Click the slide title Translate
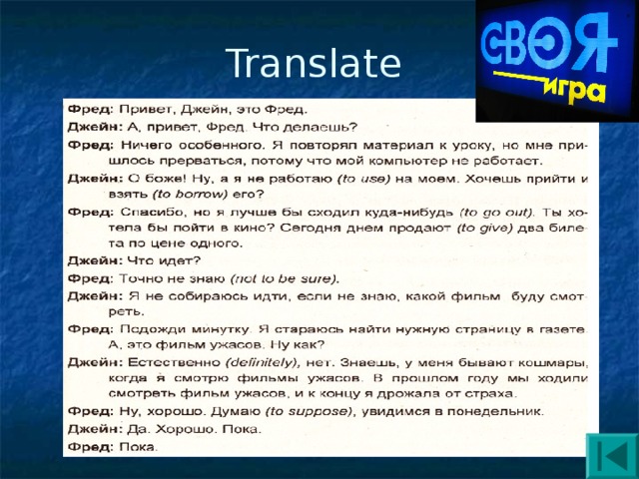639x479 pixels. [x=314, y=65]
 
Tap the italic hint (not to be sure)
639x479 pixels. [x=285, y=277]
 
